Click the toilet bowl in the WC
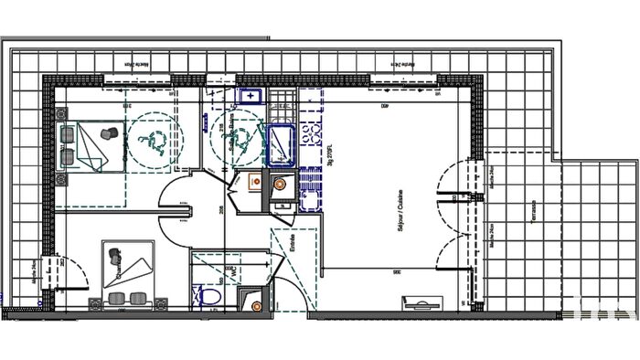click(208, 295)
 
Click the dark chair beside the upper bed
click(108, 133)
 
